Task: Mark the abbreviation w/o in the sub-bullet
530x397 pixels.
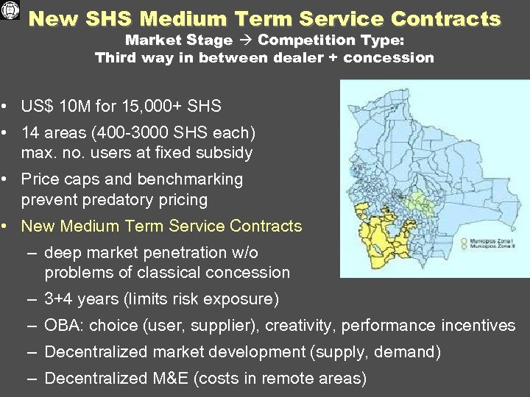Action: pos(243,253)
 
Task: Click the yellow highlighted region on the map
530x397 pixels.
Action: pos(384,235)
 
